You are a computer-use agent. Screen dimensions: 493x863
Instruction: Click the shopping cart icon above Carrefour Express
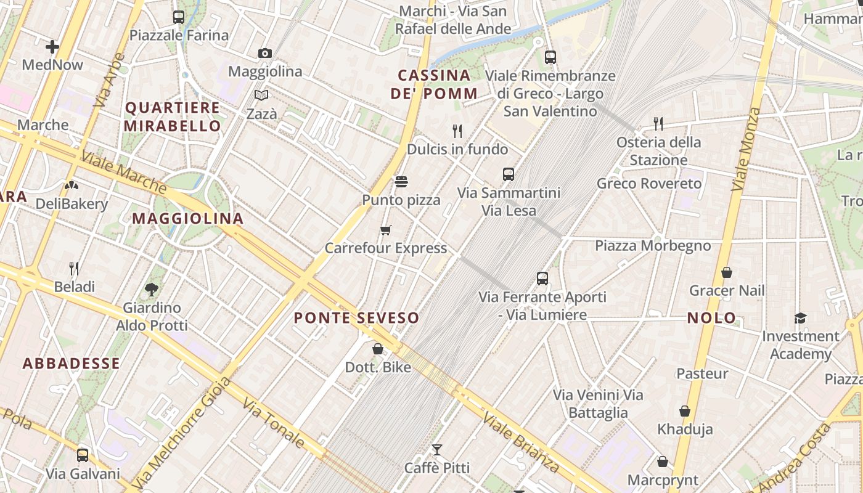pyautogui.click(x=386, y=230)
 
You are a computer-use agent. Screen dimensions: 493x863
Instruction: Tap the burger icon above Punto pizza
pyautogui.click(x=401, y=182)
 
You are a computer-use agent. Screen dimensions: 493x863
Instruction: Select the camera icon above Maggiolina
pyautogui.click(x=265, y=54)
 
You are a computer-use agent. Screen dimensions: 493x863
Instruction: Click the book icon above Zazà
pyautogui.click(x=261, y=96)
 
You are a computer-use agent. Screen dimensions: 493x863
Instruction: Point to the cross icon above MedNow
pyautogui.click(x=52, y=47)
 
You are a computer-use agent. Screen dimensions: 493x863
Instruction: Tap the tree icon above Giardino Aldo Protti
pyautogui.click(x=152, y=289)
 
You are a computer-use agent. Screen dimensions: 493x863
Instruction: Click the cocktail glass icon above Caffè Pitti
pyautogui.click(x=437, y=450)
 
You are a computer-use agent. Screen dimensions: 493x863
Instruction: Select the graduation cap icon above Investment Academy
pyautogui.click(x=800, y=318)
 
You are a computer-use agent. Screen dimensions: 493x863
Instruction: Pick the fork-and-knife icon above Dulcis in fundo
pyautogui.click(x=457, y=131)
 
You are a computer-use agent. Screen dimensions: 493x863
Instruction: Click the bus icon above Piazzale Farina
pyautogui.click(x=179, y=17)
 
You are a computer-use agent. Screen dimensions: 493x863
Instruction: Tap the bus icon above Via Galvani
pyautogui.click(x=83, y=455)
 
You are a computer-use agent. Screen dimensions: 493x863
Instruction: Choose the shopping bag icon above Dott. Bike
pyautogui.click(x=378, y=349)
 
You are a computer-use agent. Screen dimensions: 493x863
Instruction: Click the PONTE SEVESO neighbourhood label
pyautogui.click(x=356, y=318)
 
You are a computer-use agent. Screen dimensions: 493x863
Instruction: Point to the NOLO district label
pyautogui.click(x=712, y=318)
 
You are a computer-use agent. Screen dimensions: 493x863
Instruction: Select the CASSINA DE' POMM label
pyautogui.click(x=434, y=84)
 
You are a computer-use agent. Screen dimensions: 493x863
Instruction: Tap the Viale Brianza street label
pyautogui.click(x=521, y=442)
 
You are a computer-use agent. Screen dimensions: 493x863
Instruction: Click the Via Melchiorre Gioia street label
pyautogui.click(x=182, y=431)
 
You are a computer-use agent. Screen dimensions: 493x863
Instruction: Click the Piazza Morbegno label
pyautogui.click(x=653, y=246)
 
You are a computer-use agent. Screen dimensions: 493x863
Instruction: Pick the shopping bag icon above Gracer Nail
pyautogui.click(x=727, y=272)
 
